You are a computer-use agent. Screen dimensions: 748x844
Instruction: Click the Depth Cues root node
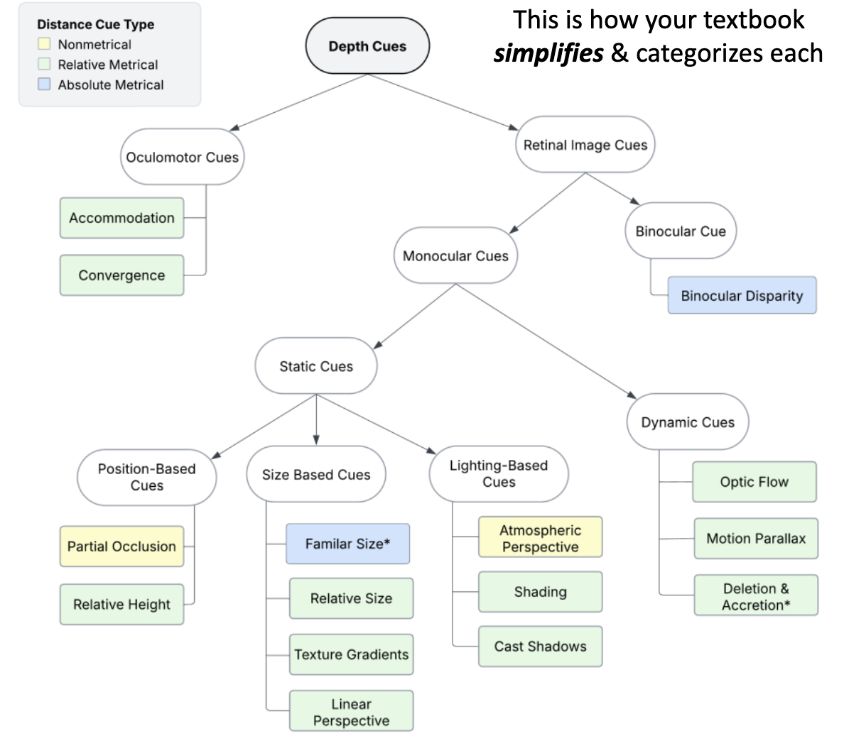[367, 46]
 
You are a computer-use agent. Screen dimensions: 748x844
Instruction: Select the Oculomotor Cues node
[182, 157]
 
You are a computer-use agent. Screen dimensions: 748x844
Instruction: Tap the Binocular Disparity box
[742, 295]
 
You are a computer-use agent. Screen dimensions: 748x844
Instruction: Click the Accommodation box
[121, 218]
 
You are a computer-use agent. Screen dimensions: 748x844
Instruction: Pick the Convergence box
[121, 275]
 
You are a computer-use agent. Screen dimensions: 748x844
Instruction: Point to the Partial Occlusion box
[121, 546]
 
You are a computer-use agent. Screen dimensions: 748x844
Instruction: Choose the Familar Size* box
[347, 544]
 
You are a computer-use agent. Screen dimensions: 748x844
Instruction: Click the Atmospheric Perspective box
[540, 538]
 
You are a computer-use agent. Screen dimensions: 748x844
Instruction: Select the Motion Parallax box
[756, 539]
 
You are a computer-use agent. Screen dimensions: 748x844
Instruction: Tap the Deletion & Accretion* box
[756, 596]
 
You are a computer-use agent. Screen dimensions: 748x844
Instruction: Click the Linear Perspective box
[351, 712]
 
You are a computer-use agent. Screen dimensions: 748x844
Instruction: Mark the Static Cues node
[316, 366]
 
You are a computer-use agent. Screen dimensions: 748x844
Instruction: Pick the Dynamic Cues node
[687, 422]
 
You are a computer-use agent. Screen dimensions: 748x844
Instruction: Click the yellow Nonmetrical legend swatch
[44, 44]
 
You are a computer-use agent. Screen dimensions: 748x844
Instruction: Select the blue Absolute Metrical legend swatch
[44, 84]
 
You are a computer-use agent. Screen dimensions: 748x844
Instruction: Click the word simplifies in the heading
[548, 54]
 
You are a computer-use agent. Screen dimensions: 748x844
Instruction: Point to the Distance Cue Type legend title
[95, 24]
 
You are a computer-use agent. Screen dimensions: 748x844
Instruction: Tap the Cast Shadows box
[540, 647]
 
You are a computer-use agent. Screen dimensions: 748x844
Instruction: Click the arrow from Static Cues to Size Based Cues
[316, 420]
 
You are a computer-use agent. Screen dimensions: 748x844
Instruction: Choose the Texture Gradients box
[351, 654]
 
